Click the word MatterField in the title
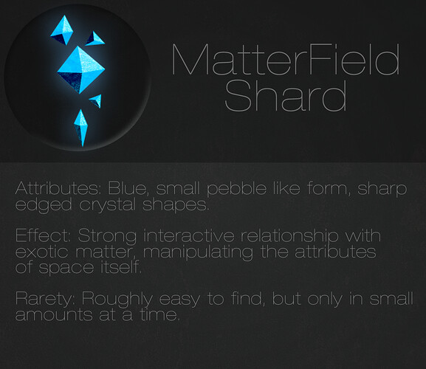[286, 59]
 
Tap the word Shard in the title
[286, 95]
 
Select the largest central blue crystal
[81, 70]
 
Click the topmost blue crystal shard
[62, 30]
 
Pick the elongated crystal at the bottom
[81, 128]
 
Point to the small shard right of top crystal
[95, 38]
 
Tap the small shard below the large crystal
[96, 100]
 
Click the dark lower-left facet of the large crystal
[71, 81]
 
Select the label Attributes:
[58, 188]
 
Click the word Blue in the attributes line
[128, 188]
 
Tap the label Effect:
[43, 235]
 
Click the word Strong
[107, 236]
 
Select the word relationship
[289, 236]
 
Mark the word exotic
[41, 252]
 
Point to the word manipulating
[198, 253]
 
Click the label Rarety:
[45, 299]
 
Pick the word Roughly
[117, 299]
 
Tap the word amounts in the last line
[54, 315]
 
